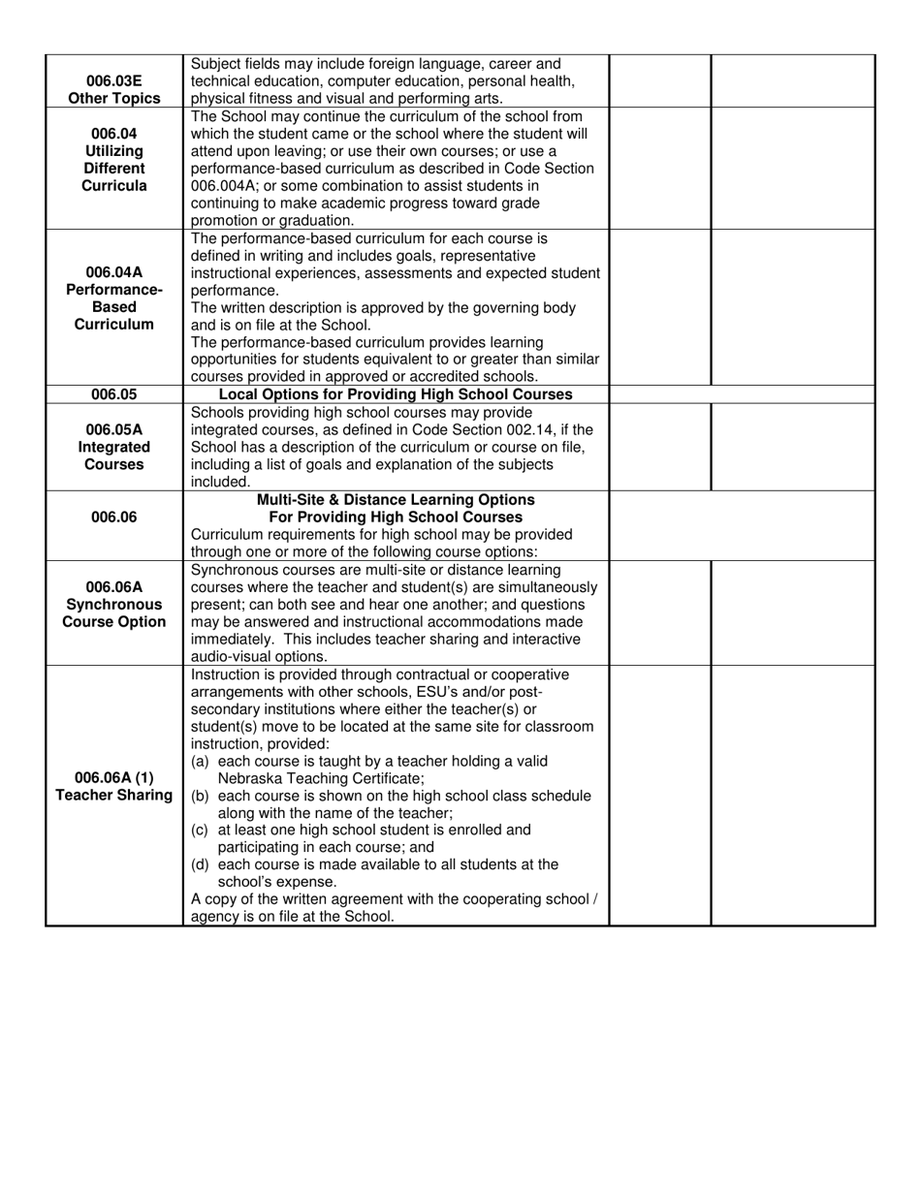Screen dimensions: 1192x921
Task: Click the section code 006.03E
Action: (113, 80)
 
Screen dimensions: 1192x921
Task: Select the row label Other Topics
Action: (113, 98)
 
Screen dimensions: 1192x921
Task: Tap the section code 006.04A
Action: (113, 272)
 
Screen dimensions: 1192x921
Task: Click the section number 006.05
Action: (113, 394)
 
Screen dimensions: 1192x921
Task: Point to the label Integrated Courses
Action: (113, 455)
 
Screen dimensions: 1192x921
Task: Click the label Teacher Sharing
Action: (113, 796)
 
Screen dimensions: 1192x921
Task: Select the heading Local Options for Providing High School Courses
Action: (396, 394)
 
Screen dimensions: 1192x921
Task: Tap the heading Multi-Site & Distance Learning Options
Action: (396, 500)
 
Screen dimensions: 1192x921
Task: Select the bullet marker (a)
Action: (200, 761)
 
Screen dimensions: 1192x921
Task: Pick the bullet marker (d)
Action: (200, 864)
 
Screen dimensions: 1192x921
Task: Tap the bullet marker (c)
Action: (200, 831)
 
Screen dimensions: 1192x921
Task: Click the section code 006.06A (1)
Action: (113, 778)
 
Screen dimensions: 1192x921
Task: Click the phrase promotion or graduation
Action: (259, 221)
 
